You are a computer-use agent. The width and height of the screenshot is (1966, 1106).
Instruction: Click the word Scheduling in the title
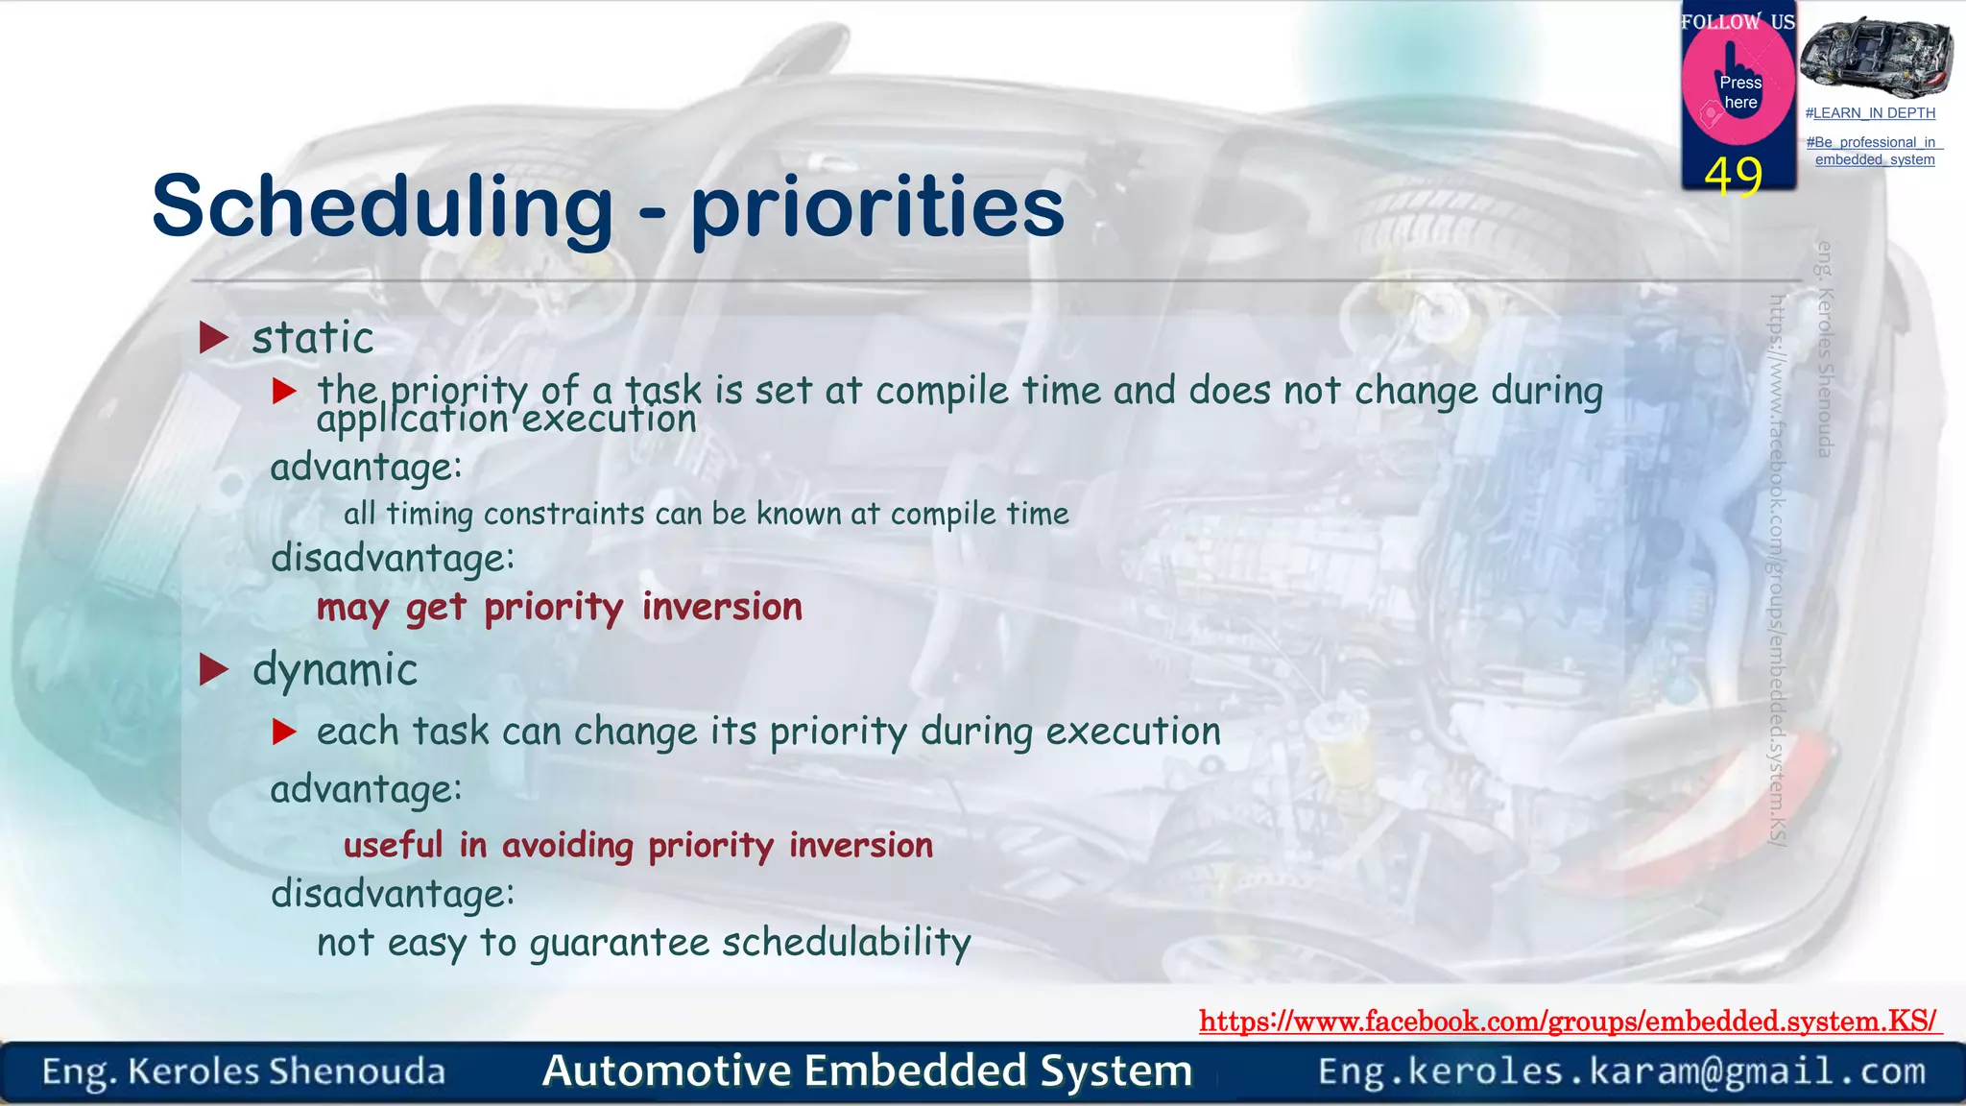point(382,207)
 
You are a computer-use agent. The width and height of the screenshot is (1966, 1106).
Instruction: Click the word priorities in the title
point(877,207)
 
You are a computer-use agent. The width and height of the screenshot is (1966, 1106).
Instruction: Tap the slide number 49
point(1734,177)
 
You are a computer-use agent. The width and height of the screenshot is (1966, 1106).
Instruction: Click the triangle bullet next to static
point(213,338)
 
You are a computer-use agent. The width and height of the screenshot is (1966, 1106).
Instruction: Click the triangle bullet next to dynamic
point(213,670)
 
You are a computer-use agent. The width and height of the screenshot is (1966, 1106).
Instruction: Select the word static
point(313,338)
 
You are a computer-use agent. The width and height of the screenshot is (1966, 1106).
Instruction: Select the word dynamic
point(335,670)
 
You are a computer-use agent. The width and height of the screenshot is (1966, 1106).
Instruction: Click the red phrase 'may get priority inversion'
point(559,608)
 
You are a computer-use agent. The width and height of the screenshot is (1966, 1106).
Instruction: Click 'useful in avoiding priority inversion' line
point(637,846)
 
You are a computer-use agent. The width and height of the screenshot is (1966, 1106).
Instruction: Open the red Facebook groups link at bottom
point(1569,1022)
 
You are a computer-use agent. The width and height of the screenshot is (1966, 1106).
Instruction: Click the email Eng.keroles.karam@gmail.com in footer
point(1621,1071)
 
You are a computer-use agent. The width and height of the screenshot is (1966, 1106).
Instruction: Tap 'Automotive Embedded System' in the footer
point(867,1071)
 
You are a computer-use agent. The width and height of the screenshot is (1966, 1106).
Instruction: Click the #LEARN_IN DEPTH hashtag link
point(1869,113)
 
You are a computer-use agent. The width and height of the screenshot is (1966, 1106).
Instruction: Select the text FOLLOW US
point(1737,21)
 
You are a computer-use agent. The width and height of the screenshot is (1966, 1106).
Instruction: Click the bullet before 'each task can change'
point(284,733)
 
